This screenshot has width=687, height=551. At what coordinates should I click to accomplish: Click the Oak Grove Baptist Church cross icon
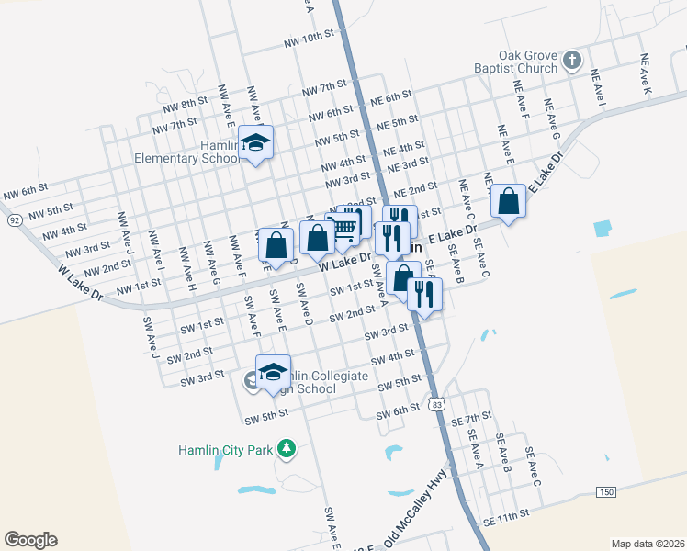tap(571, 61)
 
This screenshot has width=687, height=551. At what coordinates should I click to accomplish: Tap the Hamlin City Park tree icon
tap(287, 448)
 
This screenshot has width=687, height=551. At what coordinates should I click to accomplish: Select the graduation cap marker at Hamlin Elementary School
tap(256, 143)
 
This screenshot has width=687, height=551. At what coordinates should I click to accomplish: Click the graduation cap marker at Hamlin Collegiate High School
tap(273, 371)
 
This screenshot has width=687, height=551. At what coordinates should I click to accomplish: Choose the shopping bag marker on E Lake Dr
tap(508, 201)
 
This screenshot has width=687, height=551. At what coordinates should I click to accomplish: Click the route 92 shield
tap(15, 220)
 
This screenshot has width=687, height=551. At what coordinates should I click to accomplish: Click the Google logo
tap(30, 540)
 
